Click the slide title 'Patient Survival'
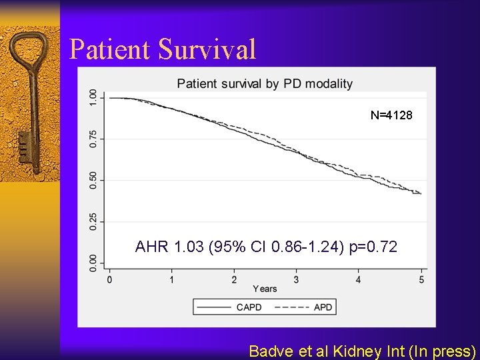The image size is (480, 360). (x=163, y=50)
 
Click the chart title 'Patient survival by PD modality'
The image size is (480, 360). (x=265, y=83)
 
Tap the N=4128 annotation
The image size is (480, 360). (x=391, y=115)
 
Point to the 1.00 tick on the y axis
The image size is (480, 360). (x=93, y=98)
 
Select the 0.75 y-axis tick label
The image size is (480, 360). (x=93, y=139)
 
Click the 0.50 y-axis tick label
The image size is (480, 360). (x=93, y=180)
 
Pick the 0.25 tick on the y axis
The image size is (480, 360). (x=93, y=221)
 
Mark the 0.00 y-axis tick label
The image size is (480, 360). (x=93, y=262)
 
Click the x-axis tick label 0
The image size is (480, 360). (x=109, y=279)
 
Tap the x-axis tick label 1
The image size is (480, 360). (x=172, y=279)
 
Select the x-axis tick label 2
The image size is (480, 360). (x=234, y=279)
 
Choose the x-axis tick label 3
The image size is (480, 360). (x=296, y=279)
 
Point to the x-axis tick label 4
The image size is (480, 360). (x=359, y=279)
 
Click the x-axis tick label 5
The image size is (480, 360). (x=421, y=279)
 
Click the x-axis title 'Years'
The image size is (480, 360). (x=265, y=289)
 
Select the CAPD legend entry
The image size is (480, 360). (x=231, y=307)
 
